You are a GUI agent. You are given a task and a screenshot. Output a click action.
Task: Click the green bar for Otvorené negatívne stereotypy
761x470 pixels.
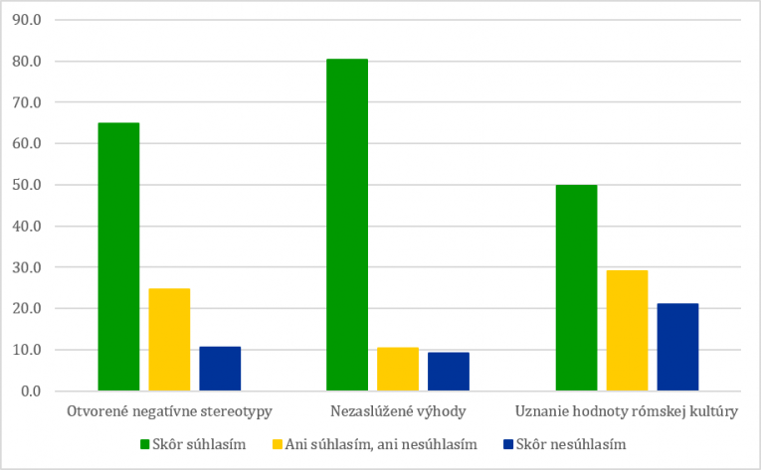(118, 256)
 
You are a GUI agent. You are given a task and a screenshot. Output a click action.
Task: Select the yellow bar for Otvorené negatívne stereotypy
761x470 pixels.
(169, 339)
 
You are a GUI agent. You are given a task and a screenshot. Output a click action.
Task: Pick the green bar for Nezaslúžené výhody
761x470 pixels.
(347, 225)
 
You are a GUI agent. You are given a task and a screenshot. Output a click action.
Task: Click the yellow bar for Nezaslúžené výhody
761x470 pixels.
(398, 369)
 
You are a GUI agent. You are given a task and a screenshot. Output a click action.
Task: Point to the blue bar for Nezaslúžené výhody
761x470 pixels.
(449, 371)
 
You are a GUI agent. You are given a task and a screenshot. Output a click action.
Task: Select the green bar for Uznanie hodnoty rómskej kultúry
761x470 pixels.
(576, 287)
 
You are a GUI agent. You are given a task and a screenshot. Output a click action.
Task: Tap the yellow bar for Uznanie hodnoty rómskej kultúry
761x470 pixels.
(627, 330)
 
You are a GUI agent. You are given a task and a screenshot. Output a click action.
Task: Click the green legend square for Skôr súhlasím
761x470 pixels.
(142, 444)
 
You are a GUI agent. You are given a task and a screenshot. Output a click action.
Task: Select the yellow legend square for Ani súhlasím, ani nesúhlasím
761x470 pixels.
(274, 444)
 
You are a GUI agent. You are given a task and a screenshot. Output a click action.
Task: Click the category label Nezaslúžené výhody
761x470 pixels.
(398, 410)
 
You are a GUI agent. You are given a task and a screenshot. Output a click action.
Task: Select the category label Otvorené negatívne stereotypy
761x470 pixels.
(169, 410)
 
